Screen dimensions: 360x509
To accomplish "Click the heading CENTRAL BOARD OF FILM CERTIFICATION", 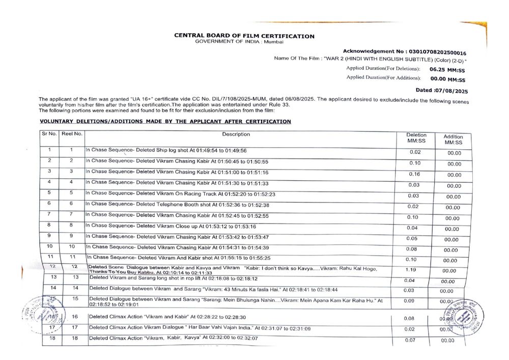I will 244,36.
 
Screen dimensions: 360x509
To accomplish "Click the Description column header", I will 236,134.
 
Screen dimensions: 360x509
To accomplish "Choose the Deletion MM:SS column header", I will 416,138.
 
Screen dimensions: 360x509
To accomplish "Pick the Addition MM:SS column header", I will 453,140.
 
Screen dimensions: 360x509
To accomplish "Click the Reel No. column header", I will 72,134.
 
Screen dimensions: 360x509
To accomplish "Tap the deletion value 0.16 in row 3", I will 414,174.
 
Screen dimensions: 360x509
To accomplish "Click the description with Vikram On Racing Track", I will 180,194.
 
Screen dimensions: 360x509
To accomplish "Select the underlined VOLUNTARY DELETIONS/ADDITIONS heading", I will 165,122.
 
